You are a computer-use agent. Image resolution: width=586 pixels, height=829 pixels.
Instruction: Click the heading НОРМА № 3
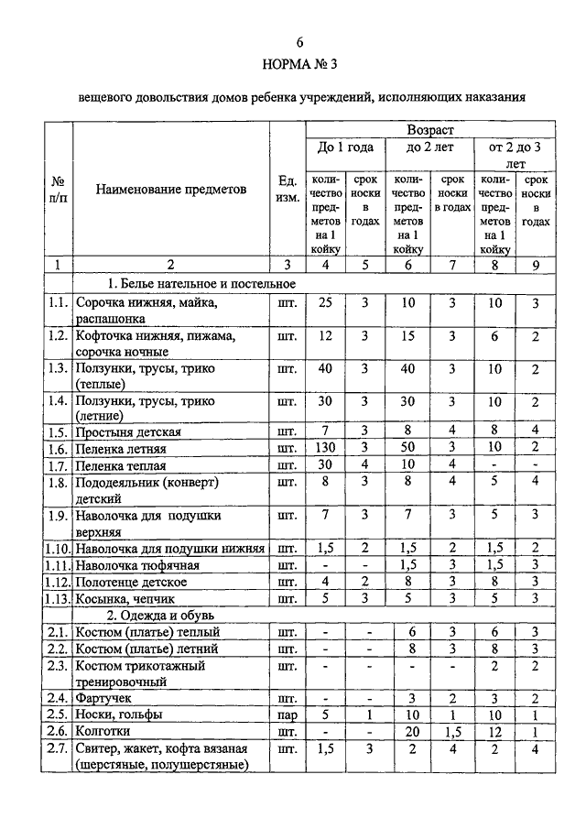pos(298,65)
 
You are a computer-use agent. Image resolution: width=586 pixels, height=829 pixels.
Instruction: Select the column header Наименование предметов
pos(170,190)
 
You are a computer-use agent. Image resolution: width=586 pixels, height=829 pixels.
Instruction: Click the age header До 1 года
pos(345,147)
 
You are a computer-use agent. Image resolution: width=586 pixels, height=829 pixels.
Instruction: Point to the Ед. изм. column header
pos(287,190)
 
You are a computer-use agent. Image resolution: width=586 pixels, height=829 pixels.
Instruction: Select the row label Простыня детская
pos(129,431)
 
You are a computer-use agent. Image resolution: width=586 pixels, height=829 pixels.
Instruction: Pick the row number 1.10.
pos(59,548)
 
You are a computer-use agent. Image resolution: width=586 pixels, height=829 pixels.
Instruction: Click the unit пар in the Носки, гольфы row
pos(287,714)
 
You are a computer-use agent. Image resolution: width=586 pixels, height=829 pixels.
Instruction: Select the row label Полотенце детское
pos(131,582)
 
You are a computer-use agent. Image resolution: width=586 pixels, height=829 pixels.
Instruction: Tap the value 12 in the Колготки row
pos(495,732)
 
